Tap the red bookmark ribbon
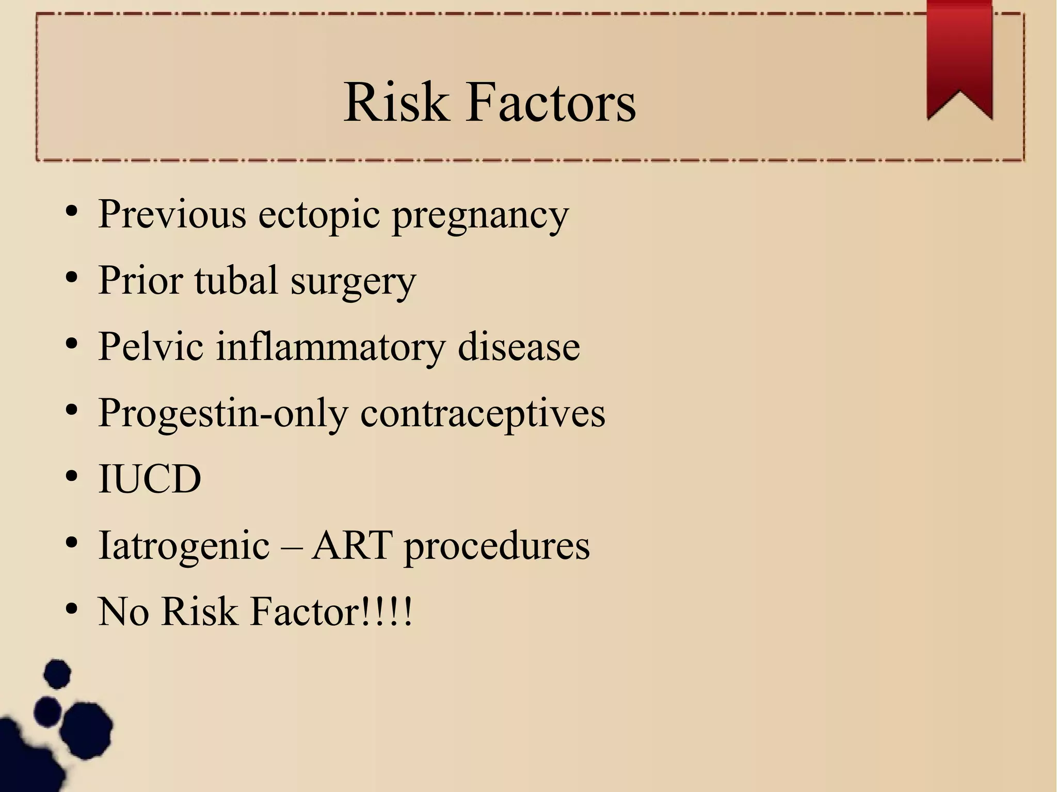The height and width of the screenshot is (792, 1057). (959, 57)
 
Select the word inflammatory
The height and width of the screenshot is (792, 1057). (330, 347)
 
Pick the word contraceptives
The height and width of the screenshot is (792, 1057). (483, 413)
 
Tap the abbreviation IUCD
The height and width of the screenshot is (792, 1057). (150, 479)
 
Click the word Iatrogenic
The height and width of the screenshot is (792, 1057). (184, 546)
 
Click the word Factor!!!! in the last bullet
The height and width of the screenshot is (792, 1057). (331, 611)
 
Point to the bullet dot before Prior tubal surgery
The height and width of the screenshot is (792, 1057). (72, 278)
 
